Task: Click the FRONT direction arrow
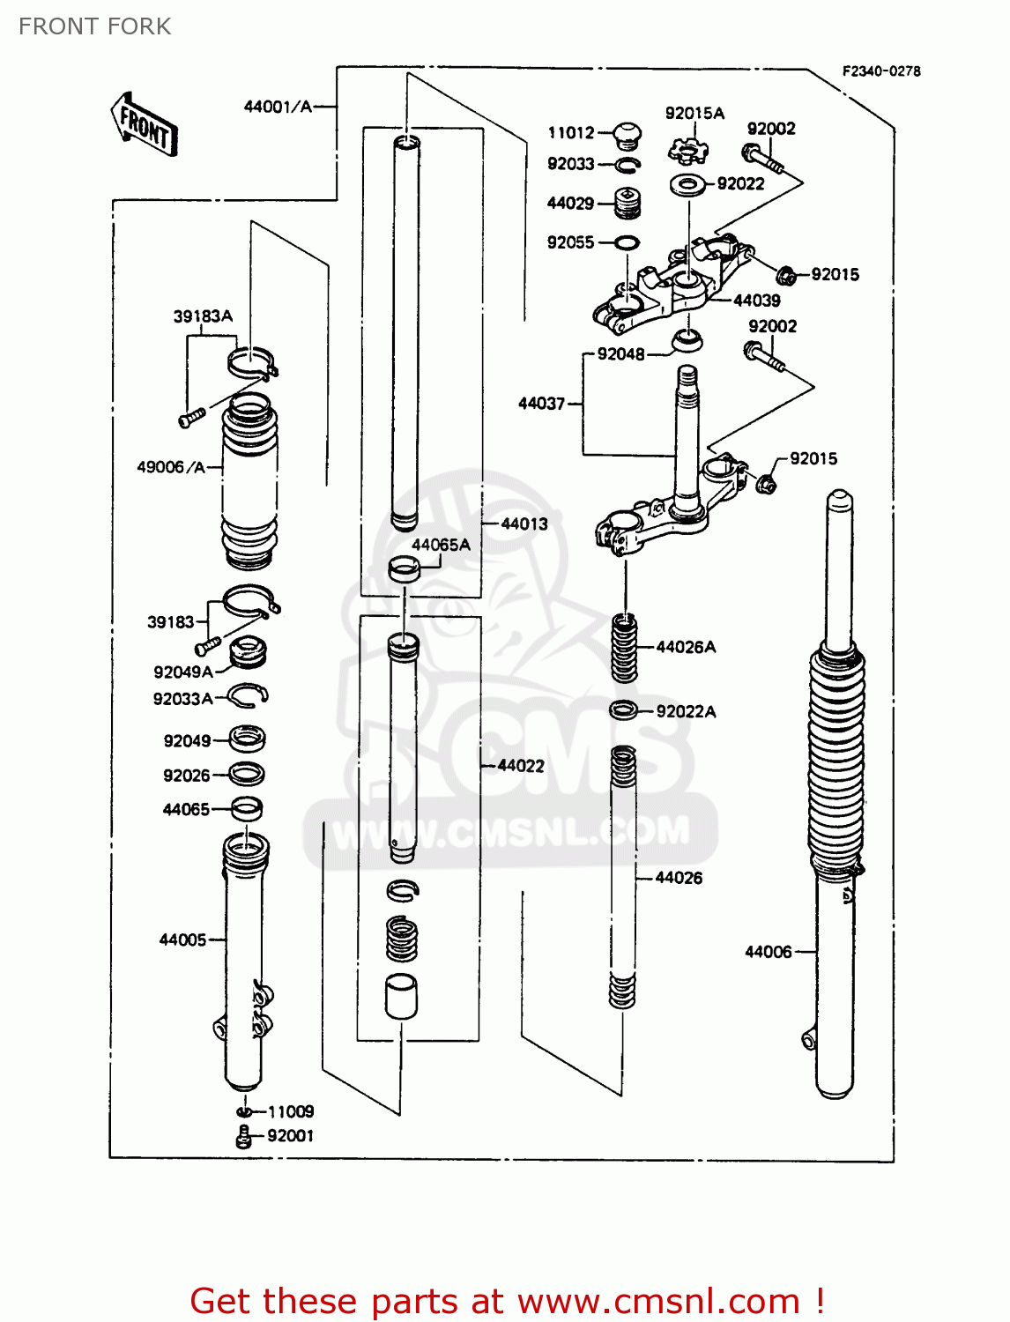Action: point(145,125)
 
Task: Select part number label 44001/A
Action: point(278,107)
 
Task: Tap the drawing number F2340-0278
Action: point(880,71)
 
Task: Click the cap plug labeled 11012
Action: point(627,134)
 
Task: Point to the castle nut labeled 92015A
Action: point(687,151)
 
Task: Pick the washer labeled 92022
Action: point(687,185)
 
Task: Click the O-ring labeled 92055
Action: point(627,243)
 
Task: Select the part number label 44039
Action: point(756,301)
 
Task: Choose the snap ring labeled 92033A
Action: point(248,697)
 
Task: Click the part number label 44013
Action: point(524,524)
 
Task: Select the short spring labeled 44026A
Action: point(625,649)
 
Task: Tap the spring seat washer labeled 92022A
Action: point(624,710)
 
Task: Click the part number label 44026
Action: point(679,878)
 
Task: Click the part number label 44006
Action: point(768,952)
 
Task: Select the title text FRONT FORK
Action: point(94,26)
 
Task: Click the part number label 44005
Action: point(182,940)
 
